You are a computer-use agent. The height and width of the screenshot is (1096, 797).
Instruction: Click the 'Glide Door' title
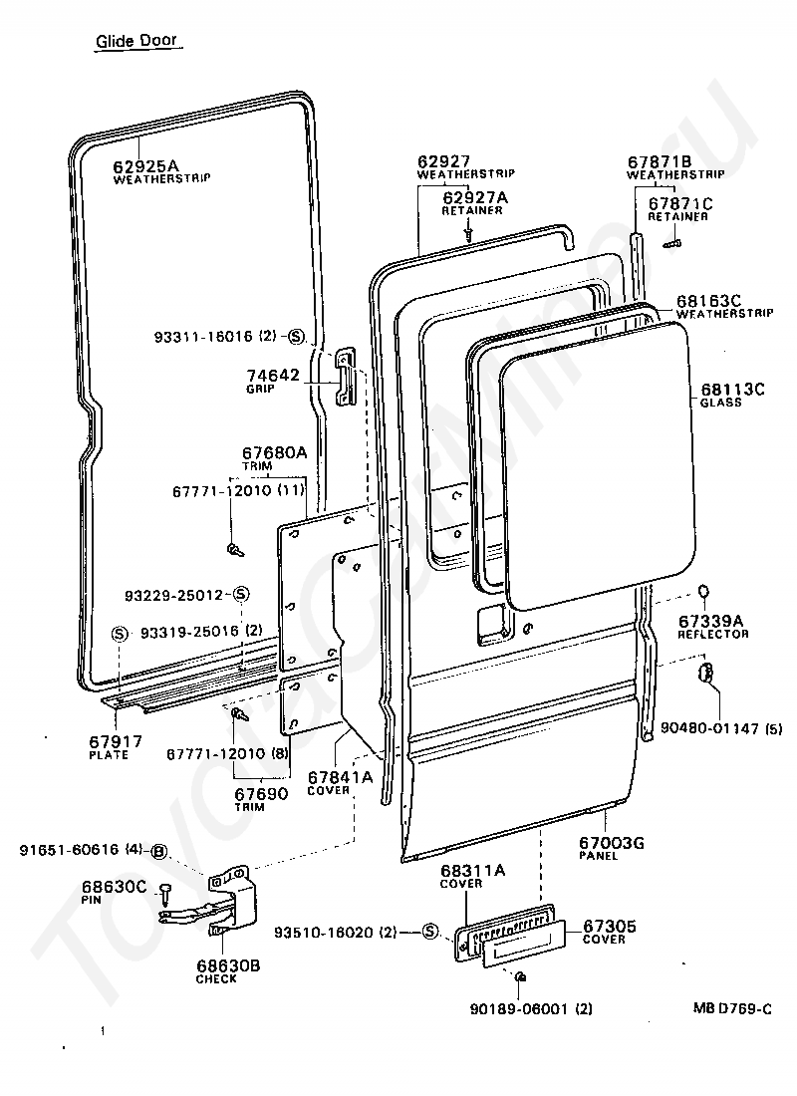click(x=136, y=41)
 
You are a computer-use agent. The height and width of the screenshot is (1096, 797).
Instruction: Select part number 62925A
click(x=146, y=165)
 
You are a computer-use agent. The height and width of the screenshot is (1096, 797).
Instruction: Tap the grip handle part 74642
click(x=345, y=377)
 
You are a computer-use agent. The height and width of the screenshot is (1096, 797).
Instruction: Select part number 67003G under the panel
click(x=611, y=842)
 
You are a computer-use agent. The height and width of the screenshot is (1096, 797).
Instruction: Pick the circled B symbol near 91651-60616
click(x=159, y=851)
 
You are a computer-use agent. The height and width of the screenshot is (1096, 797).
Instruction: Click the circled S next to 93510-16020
click(x=430, y=932)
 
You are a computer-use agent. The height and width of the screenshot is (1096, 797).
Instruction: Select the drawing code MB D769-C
click(x=732, y=1008)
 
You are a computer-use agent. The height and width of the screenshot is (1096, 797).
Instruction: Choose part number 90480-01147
click(x=709, y=728)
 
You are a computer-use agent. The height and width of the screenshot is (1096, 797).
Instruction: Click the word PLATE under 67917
click(x=109, y=755)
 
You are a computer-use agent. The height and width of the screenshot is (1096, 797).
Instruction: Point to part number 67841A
click(x=341, y=777)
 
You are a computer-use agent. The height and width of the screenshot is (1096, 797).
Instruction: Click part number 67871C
click(x=680, y=203)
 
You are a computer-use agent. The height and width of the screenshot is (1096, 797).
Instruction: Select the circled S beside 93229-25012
click(x=240, y=595)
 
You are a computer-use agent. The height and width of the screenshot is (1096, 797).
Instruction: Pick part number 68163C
click(x=708, y=301)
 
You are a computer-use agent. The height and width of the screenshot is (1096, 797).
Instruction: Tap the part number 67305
click(x=610, y=927)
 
